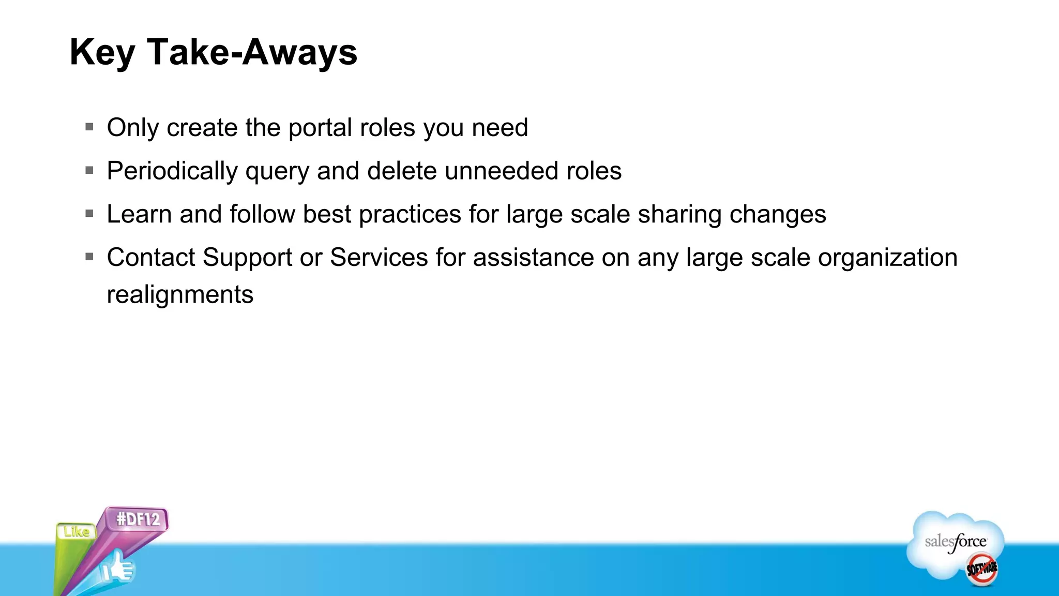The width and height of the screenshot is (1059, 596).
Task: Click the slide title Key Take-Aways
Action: (213, 53)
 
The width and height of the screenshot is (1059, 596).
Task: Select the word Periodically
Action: (172, 171)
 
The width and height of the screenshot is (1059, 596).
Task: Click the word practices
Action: (410, 215)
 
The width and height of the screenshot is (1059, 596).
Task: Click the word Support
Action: (247, 258)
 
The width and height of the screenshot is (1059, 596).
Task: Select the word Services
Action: (379, 258)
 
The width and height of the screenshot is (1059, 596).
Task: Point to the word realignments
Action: (180, 295)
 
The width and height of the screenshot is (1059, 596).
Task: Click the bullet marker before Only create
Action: (89, 126)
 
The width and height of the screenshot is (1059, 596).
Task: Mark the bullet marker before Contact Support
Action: (89, 257)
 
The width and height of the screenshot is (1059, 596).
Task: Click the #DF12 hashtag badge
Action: (138, 519)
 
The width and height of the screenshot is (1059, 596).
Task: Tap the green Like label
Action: (77, 532)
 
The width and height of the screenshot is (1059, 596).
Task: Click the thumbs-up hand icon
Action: (117, 568)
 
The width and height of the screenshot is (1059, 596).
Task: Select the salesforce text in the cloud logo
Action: (955, 542)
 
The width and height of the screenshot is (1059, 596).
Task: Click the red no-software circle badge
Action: (981, 569)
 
